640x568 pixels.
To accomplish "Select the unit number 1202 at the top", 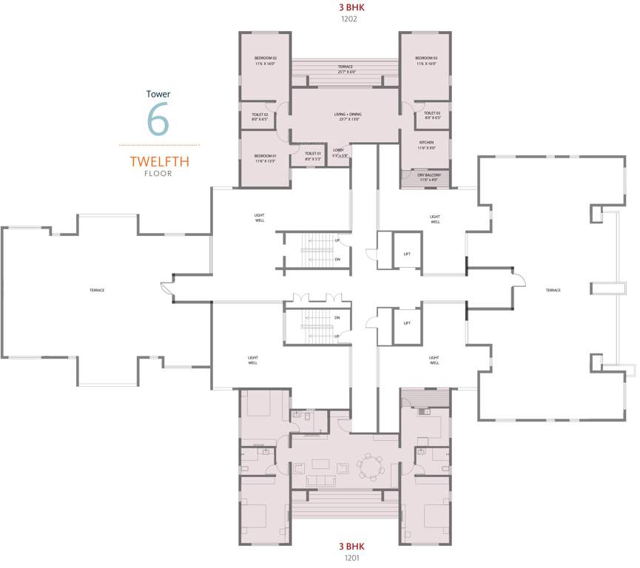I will pyautogui.click(x=349, y=19).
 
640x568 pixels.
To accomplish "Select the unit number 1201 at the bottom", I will pyautogui.click(x=351, y=558).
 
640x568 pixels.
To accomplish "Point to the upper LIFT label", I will pyautogui.click(x=407, y=254).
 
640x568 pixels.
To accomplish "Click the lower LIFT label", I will pyautogui.click(x=407, y=323).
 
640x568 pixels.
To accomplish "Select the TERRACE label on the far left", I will pyautogui.click(x=97, y=290).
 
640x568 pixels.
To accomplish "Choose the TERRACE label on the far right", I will pyautogui.click(x=553, y=291).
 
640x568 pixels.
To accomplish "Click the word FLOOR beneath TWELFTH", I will pyautogui.click(x=158, y=174).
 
